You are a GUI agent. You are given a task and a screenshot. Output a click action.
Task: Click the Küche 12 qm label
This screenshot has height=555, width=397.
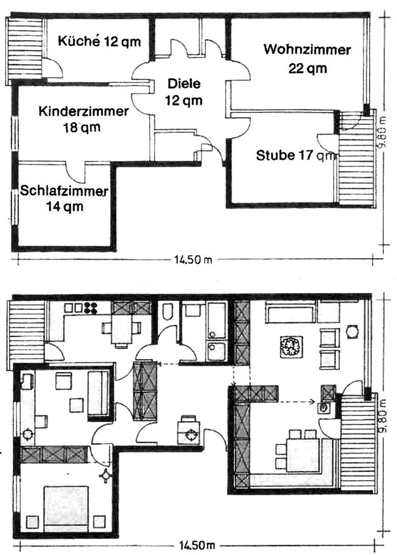(99, 42)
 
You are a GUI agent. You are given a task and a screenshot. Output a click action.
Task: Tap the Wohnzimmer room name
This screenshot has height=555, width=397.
(306, 51)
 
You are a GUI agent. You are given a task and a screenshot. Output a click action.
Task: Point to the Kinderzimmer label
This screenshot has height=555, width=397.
(83, 112)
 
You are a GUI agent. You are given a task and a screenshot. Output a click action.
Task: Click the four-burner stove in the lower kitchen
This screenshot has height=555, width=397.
(90, 308)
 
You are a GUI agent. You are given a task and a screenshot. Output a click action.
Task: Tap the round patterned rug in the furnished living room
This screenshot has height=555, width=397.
(290, 346)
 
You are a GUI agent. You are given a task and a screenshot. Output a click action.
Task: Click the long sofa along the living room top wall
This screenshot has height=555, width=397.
(289, 314)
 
